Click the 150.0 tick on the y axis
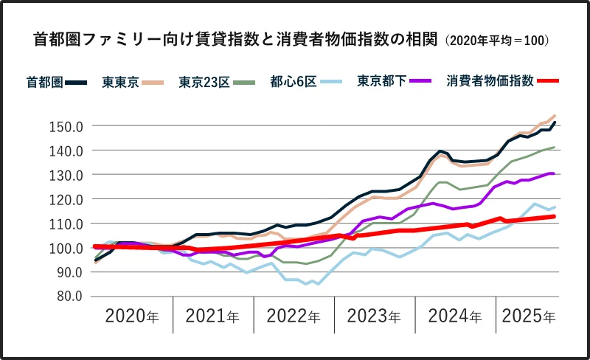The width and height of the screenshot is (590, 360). (68, 126)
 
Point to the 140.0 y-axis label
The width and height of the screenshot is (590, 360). (68, 150)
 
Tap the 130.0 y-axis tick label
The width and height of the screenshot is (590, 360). (68, 175)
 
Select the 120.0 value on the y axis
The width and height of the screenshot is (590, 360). (68, 199)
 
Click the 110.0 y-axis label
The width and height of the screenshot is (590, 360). (68, 224)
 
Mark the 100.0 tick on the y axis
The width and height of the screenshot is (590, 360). (68, 248)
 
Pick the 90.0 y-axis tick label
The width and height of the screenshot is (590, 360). (71, 272)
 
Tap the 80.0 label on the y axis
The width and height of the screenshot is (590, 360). (71, 297)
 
